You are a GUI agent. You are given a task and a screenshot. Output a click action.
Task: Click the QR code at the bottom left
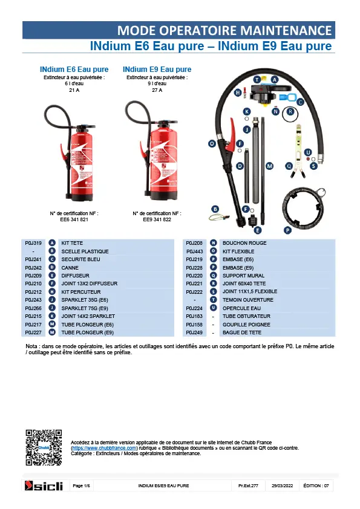tap(44, 447)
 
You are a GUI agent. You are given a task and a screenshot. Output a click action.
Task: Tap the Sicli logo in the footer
tap(44, 485)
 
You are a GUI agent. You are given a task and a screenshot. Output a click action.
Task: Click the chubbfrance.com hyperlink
tap(104, 448)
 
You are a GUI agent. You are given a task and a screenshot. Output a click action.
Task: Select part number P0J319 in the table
tap(33, 243)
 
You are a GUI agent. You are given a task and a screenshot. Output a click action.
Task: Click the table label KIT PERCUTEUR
tap(81, 292)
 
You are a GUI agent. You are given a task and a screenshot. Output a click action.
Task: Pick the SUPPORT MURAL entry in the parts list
tap(243, 276)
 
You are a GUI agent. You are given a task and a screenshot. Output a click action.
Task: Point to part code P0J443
tap(194, 251)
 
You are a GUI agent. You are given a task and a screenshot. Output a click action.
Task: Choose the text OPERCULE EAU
tap(241, 308)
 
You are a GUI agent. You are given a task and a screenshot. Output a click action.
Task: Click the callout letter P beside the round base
tap(287, 230)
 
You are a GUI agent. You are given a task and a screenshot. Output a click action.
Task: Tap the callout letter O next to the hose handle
tap(212, 143)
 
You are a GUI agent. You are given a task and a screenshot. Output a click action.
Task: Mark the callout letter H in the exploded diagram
tap(238, 92)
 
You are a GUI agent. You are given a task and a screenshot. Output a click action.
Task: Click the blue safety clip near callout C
tap(287, 97)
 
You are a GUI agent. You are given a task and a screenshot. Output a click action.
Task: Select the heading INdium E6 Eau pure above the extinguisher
tap(74, 70)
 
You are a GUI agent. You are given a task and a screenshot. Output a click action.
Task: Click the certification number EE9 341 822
tap(157, 219)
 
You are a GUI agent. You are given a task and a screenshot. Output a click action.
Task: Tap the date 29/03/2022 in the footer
tap(283, 485)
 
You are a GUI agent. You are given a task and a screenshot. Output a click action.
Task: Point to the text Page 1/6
tap(81, 485)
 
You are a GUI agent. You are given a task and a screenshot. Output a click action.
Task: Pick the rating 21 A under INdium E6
tap(74, 90)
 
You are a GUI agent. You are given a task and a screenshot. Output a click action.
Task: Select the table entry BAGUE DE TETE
tap(242, 332)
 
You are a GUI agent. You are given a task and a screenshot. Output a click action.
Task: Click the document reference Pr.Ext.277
tap(248, 485)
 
